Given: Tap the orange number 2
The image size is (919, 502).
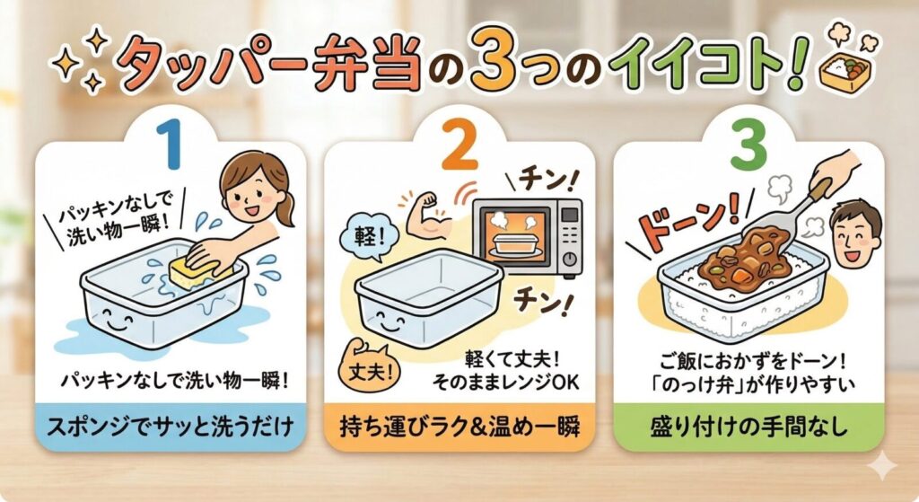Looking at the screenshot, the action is [x=460, y=145].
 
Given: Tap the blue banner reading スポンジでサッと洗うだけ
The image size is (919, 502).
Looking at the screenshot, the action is [x=171, y=427].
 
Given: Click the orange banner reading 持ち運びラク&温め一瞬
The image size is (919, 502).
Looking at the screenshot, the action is [x=460, y=427].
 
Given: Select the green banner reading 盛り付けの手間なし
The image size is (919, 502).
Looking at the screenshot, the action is [x=749, y=427].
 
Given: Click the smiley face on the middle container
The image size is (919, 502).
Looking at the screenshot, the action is [x=389, y=319].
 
